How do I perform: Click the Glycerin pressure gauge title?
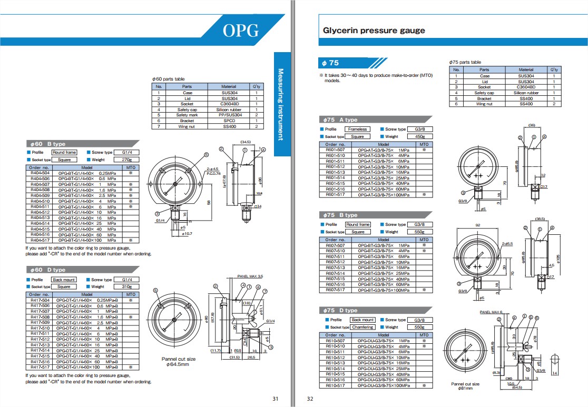pos(374,31)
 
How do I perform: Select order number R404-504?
pos(40,173)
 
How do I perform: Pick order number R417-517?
pos(40,367)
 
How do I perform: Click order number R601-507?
pos(335,150)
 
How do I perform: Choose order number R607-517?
pos(335,290)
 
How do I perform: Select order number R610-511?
pos(335,352)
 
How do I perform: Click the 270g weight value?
pos(126,160)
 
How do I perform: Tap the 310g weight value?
pos(126,287)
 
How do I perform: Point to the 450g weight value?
pos(420,136)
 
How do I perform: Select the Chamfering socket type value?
pos(362,327)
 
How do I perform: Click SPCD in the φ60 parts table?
pos(229,121)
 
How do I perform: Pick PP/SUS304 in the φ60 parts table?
pos(229,115)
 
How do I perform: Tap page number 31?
pos(275,399)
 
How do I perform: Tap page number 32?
pos(310,399)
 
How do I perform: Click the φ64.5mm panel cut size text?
pos(179,364)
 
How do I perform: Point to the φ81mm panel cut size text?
pos(465,389)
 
